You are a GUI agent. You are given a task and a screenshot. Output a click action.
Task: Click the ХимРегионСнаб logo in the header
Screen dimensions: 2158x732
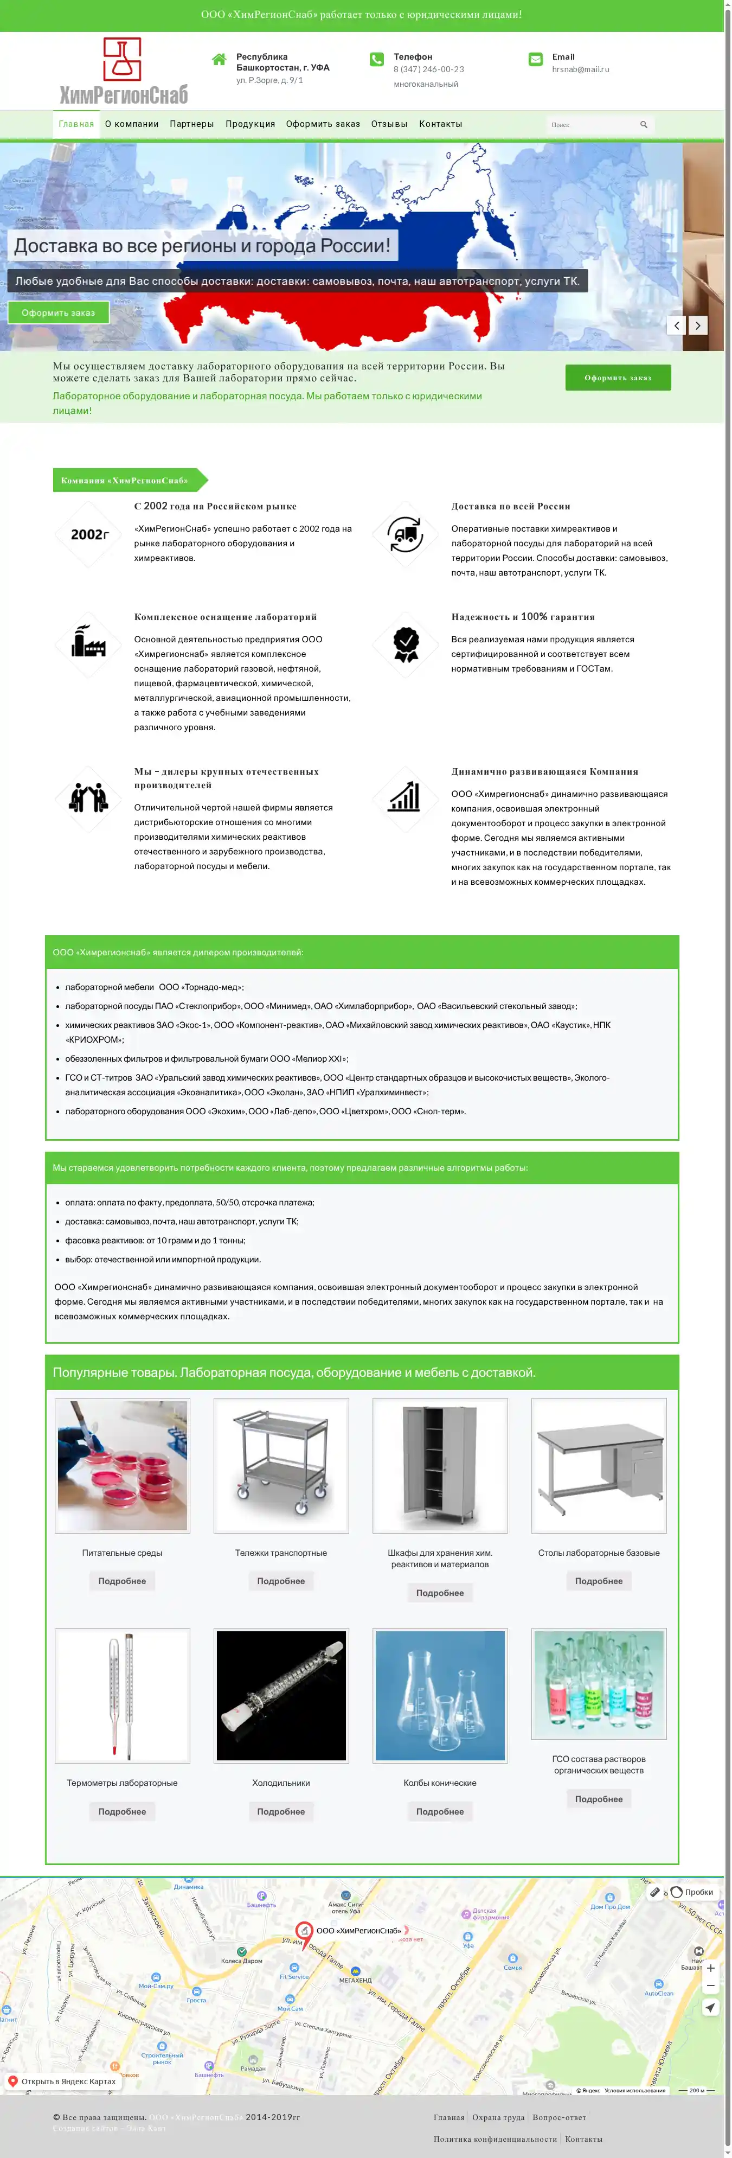(x=123, y=71)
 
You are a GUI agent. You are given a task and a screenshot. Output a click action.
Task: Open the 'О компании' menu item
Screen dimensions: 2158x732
(x=132, y=124)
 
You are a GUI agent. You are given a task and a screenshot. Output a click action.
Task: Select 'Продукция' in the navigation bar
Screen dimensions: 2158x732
(x=249, y=124)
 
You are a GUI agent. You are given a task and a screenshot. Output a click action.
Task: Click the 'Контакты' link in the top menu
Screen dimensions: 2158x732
(x=440, y=124)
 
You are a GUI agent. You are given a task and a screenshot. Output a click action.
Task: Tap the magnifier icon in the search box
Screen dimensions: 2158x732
(x=643, y=125)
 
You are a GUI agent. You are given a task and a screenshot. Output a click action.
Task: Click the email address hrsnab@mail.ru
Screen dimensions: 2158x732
(x=580, y=69)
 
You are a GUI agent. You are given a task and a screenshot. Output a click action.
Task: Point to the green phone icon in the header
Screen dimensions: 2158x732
(x=377, y=60)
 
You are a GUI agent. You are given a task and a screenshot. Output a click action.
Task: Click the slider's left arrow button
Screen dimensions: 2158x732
(x=676, y=325)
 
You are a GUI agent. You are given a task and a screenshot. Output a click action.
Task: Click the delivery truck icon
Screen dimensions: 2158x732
(x=406, y=534)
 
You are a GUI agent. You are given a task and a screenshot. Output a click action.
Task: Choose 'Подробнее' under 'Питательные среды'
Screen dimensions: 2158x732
(x=123, y=1581)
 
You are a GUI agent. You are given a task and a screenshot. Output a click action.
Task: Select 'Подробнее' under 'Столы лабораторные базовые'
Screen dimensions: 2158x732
(x=598, y=1581)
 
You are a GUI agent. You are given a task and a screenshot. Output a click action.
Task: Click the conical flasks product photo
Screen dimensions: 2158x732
(x=440, y=1696)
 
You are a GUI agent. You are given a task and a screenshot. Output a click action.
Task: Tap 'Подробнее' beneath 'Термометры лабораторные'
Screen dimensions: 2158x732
(x=123, y=1811)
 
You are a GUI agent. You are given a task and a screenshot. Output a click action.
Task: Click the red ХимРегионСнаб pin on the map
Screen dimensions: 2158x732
(x=304, y=1932)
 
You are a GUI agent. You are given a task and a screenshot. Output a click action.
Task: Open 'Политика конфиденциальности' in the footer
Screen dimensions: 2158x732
(x=493, y=2138)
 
